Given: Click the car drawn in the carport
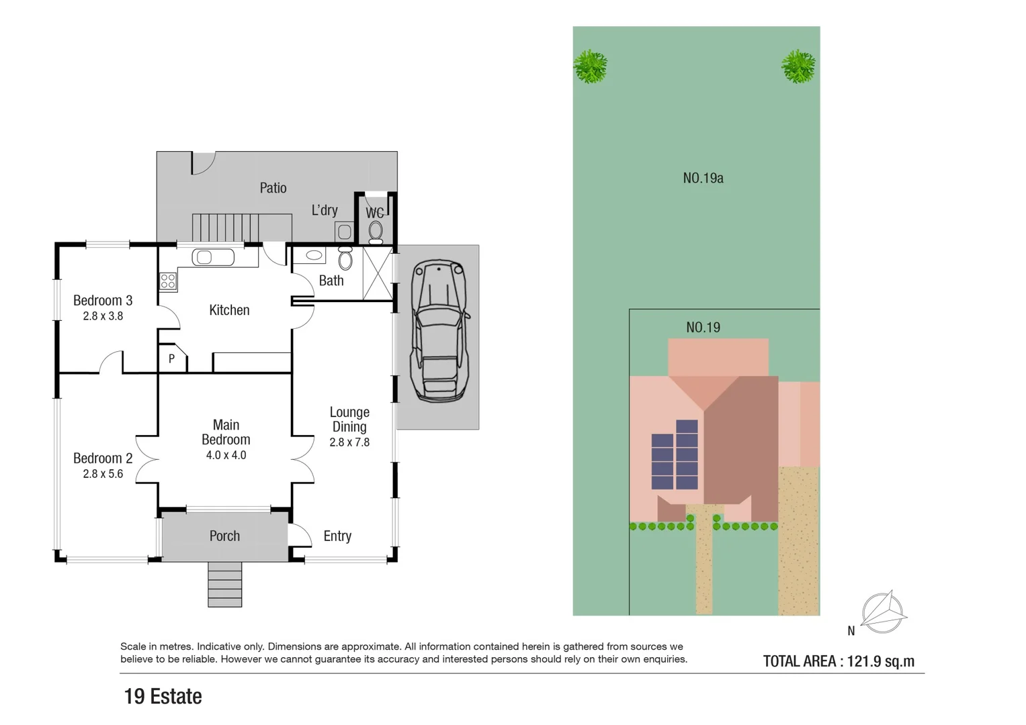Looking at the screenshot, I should point(439,331).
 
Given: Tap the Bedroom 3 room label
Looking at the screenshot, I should point(103,301).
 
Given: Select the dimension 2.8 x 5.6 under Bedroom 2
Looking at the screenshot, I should point(103,474).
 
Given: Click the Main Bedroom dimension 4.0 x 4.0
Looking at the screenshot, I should point(226,455).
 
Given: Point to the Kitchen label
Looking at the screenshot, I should point(229,310).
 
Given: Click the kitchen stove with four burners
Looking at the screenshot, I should point(168,281).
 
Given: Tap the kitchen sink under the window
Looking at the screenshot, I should point(213,257).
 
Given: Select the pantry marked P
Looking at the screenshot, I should point(172,359).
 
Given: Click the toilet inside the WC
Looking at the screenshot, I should point(376,232).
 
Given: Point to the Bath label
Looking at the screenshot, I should point(331,281).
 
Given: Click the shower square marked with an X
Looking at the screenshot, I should point(377,273).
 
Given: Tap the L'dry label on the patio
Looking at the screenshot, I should point(325,210).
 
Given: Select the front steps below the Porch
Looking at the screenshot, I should point(224,584).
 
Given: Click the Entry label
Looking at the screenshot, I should point(337,536).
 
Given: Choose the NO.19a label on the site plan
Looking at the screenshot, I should point(703,178).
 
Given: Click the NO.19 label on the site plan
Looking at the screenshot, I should point(703,328).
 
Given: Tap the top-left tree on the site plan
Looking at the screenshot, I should point(591,66).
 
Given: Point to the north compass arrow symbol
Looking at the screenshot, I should point(884,612).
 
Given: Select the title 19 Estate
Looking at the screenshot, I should point(163,696).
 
